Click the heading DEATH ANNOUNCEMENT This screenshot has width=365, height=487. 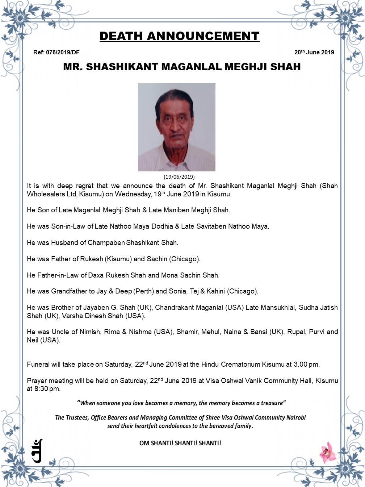179,36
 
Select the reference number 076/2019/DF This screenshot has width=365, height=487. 63,52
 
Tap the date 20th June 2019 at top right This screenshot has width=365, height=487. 314,52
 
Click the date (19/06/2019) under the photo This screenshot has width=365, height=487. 179,177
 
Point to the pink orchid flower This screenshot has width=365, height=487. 328,452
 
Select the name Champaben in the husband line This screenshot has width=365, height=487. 106,242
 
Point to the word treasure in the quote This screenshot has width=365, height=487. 272,403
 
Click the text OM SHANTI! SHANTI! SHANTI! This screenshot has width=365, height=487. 180,443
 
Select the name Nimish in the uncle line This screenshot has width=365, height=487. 88,332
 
